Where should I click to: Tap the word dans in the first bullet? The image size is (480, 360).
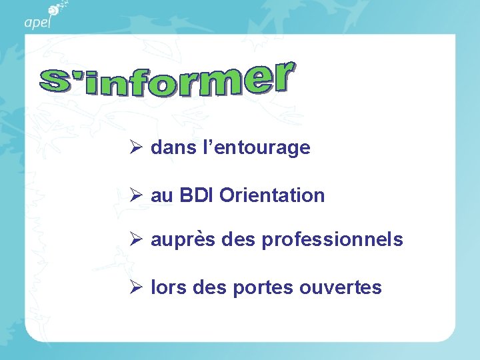click(171, 148)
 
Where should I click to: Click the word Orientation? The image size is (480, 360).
click(272, 196)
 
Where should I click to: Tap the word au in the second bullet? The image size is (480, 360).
click(161, 196)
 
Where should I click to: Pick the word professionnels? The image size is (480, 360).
click(332, 240)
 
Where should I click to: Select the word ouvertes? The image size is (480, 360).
click(341, 288)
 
